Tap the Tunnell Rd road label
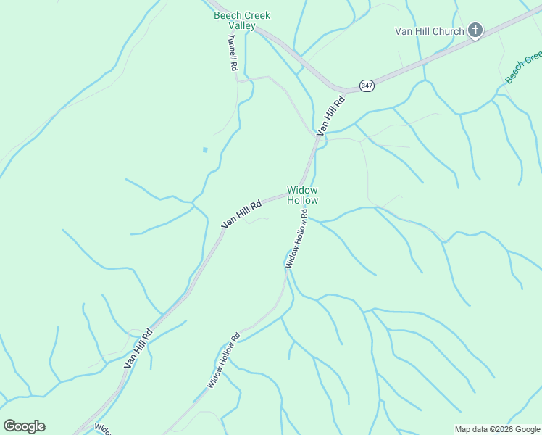[x=233, y=52]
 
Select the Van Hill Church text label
[x=429, y=31]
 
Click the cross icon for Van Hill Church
[x=475, y=30]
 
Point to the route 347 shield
[x=367, y=86]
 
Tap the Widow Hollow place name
[x=302, y=195]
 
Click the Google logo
[x=25, y=426]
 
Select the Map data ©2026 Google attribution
[x=497, y=429]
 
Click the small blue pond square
[x=205, y=150]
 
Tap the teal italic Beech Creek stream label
[x=523, y=67]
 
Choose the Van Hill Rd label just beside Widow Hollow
[x=241, y=215]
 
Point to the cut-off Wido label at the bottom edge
[x=102, y=429]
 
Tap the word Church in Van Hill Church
[x=449, y=31]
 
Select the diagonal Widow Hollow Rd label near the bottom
[x=224, y=360]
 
